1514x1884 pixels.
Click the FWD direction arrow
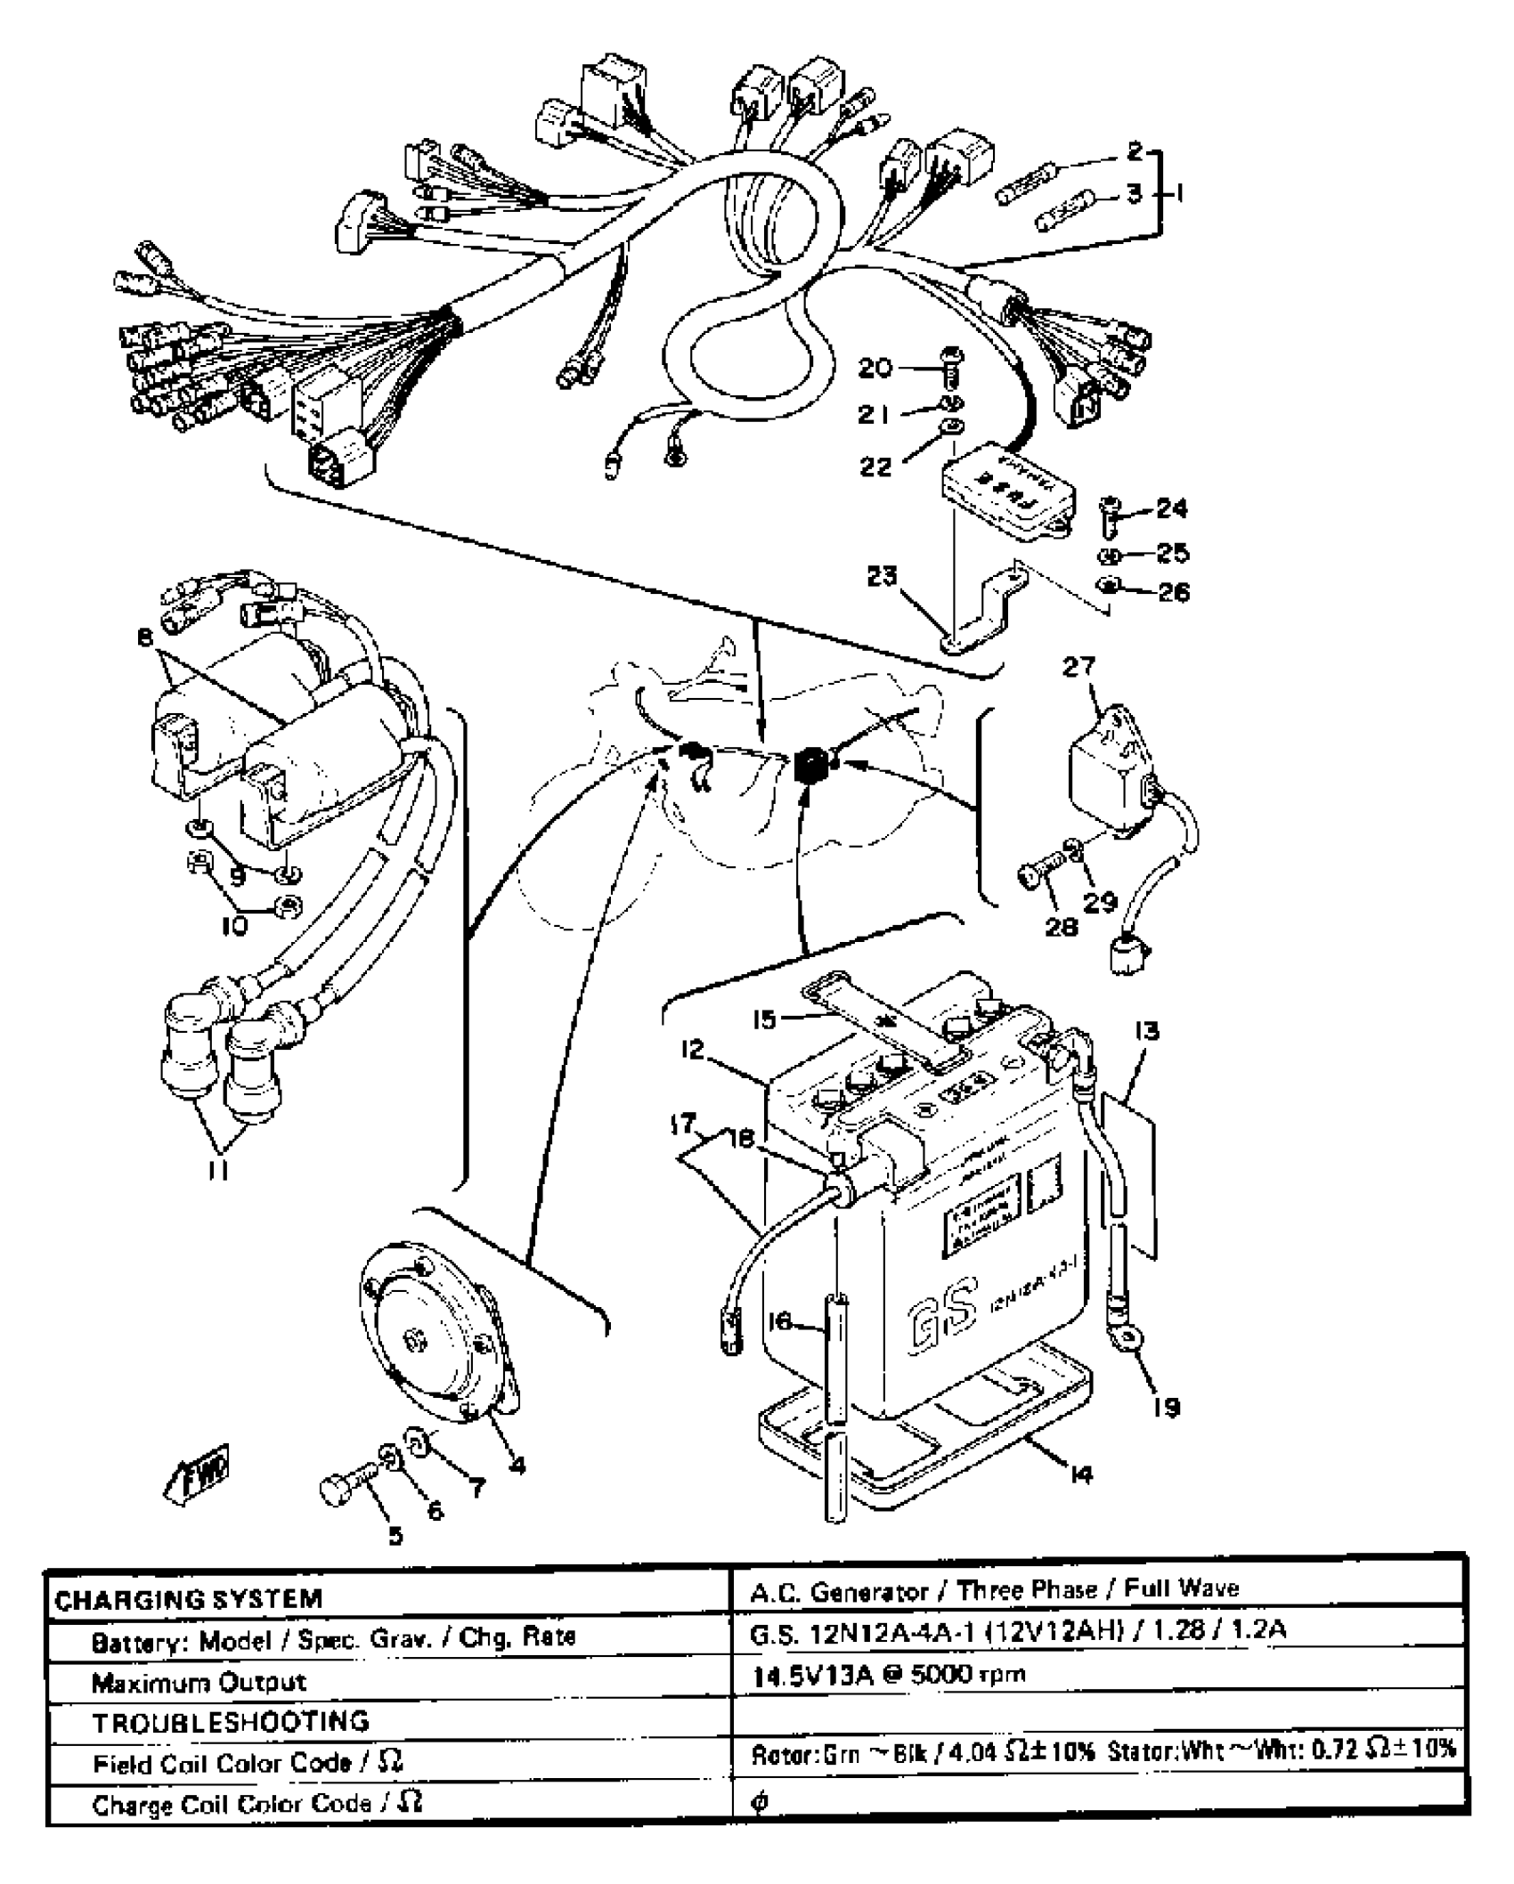[198, 1474]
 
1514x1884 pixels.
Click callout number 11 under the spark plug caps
[218, 1171]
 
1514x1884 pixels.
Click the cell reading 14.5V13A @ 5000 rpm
[890, 1675]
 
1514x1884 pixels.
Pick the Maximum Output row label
[199, 1682]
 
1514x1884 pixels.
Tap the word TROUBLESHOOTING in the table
[231, 1722]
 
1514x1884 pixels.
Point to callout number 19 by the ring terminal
[1166, 1408]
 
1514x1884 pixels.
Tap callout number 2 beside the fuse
[1134, 151]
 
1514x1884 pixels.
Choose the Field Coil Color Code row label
[248, 1764]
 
